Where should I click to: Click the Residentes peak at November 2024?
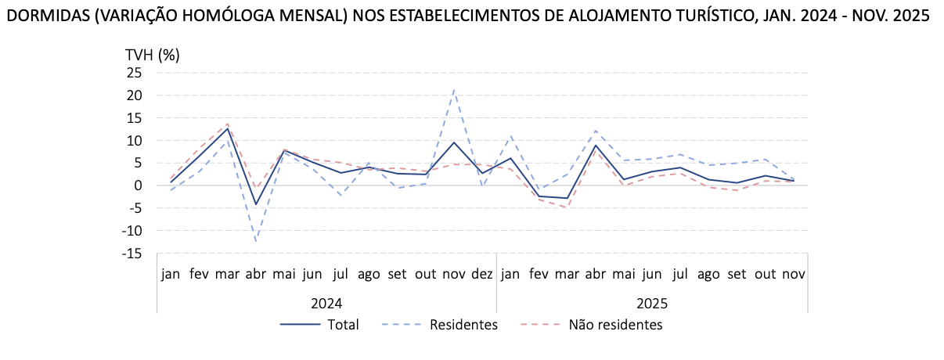point(454,90)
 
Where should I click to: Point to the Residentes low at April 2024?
point(256,241)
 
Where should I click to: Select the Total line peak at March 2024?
point(228,128)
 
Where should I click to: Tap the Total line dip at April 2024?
point(256,204)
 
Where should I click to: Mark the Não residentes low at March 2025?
point(567,207)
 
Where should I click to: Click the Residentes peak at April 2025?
point(596,131)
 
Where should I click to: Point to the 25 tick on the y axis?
point(134,73)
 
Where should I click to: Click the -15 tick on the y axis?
point(132,254)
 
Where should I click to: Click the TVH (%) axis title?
point(153,55)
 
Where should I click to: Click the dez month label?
point(482,275)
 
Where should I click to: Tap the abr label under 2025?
point(596,275)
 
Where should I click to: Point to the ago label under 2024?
point(369,275)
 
